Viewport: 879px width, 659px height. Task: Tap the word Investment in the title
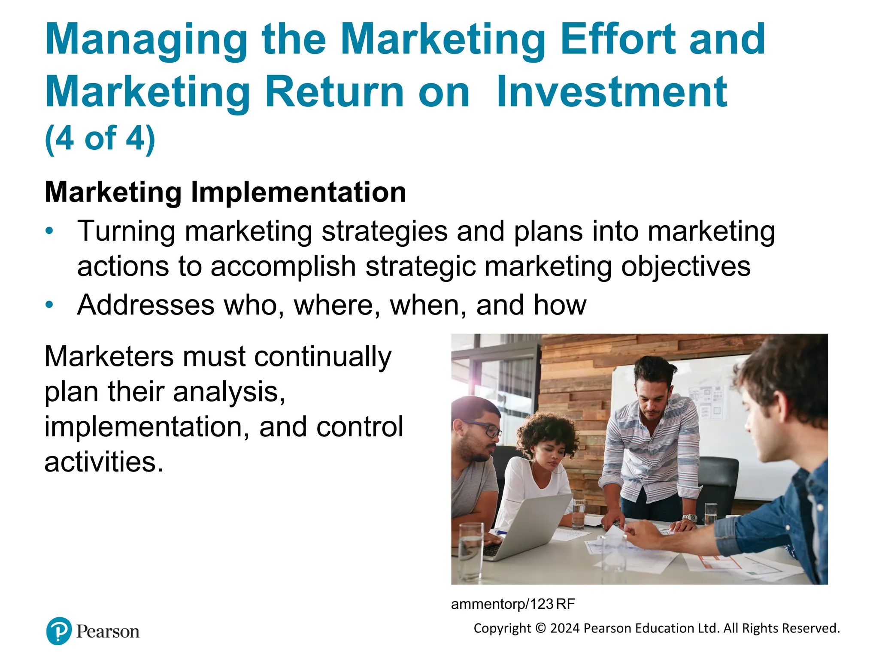point(611,92)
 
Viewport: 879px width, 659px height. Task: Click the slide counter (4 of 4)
point(100,139)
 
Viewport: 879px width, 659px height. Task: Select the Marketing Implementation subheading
point(225,192)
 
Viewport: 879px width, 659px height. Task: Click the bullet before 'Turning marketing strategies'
point(50,231)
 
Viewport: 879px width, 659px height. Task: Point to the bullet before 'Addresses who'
point(50,305)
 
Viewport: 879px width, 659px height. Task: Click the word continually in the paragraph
point(323,357)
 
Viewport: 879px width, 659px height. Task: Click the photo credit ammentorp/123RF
point(512,604)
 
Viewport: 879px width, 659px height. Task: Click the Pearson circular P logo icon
point(59,631)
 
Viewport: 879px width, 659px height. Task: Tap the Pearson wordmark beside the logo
point(108,632)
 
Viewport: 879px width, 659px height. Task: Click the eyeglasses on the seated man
point(487,429)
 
